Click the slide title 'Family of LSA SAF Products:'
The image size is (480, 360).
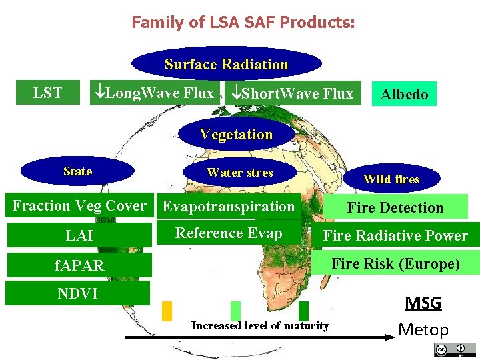[x=243, y=23]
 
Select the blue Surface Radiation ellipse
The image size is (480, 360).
[x=227, y=64]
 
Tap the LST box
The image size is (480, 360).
[x=47, y=93]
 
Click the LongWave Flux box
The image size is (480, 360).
[x=155, y=93]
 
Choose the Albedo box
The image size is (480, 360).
[x=404, y=94]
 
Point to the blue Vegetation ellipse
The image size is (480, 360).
[x=236, y=134]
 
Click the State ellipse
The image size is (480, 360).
[x=77, y=171]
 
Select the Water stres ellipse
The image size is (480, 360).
[x=239, y=172]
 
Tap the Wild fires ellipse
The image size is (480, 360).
[x=391, y=179]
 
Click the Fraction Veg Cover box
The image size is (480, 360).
[x=79, y=206]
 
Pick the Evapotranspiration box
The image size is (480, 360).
[x=229, y=206]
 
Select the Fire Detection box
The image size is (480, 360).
[x=395, y=207]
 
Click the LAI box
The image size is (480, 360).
[x=79, y=235]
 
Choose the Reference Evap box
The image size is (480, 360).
[x=229, y=233]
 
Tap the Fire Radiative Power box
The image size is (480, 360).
[x=395, y=235]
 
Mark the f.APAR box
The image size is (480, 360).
[x=79, y=265]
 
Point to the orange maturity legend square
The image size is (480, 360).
[x=167, y=311]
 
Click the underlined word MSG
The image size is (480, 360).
[x=423, y=303]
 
